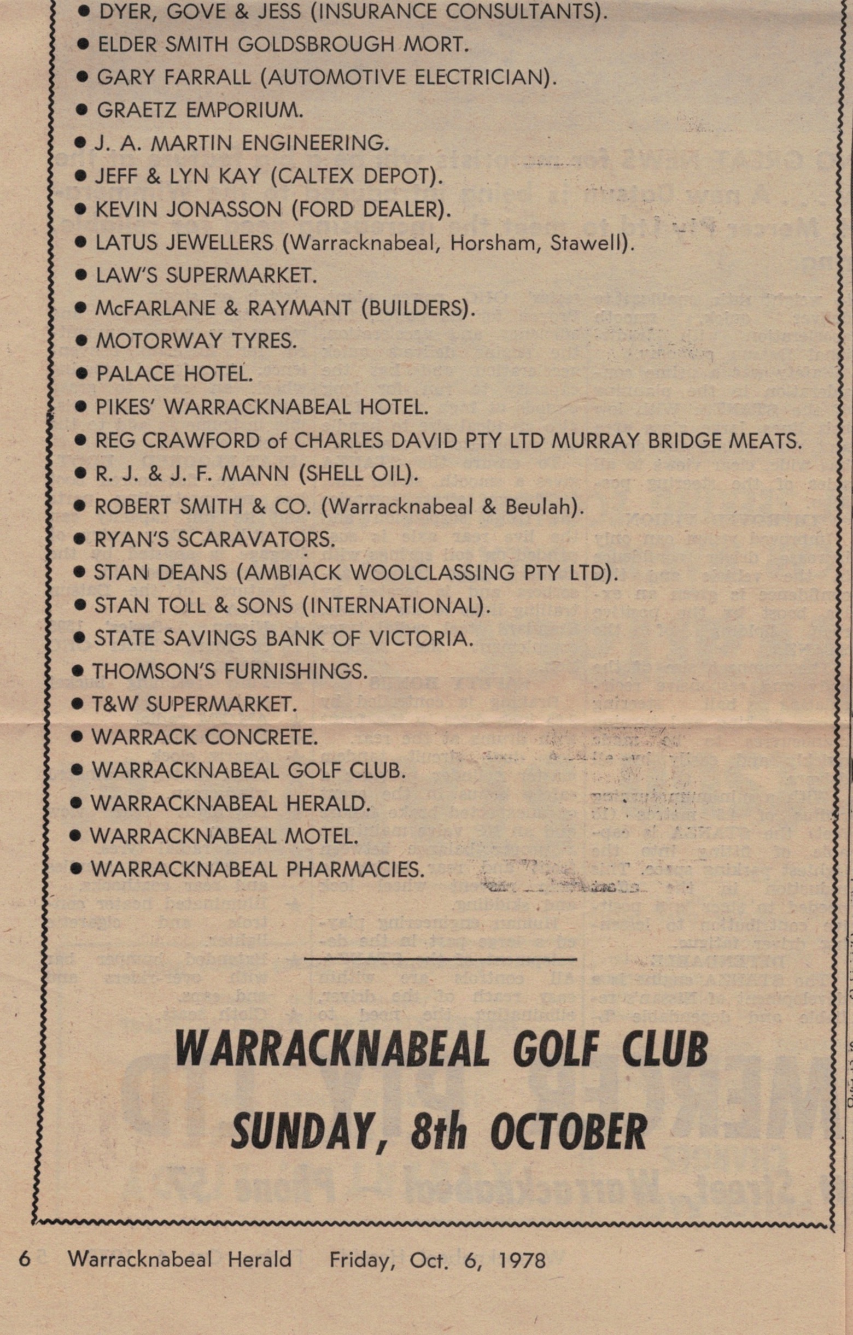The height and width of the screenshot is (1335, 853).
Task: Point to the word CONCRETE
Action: pyautogui.click(x=261, y=737)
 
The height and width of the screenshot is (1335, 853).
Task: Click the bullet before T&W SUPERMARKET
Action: pyautogui.click(x=79, y=705)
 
